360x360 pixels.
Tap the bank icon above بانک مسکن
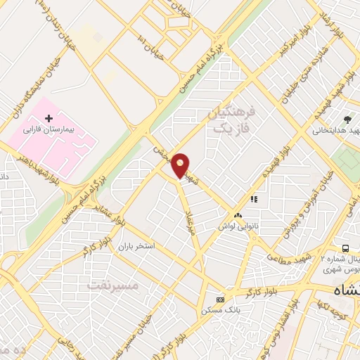click(x=221, y=299)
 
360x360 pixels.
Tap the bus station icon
click(x=345, y=248)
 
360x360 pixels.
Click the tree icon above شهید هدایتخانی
click(x=347, y=119)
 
